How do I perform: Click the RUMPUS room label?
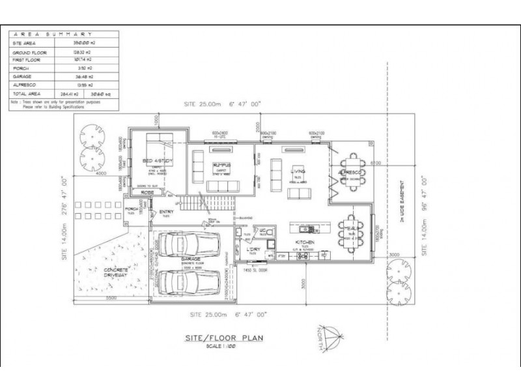(x=221, y=166)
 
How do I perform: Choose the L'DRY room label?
(x=253, y=248)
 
